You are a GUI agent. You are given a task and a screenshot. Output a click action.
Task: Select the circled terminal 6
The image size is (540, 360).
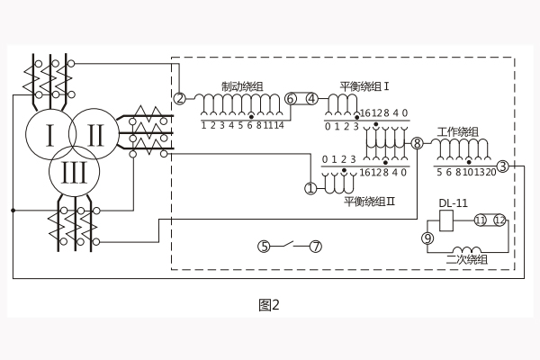click(291, 98)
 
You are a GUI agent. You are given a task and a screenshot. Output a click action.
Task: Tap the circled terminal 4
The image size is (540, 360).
click(311, 98)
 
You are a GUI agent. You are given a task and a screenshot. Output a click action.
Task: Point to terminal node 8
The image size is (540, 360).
click(417, 144)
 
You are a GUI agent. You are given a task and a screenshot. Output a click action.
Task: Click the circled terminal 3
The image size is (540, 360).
click(502, 166)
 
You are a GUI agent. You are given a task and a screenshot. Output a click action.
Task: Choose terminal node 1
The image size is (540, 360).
click(310, 189)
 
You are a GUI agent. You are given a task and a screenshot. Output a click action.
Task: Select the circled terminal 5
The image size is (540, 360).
click(264, 246)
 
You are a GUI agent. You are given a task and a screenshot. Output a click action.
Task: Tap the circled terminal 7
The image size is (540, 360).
click(315, 246)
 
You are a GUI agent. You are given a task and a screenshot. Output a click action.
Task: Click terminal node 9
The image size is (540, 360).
click(427, 238)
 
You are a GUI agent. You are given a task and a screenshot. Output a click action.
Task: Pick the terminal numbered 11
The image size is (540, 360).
click(481, 220)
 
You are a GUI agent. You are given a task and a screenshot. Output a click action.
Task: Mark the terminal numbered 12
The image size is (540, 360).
click(499, 220)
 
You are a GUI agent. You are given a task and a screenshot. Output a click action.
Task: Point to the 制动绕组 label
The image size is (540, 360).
click(242, 86)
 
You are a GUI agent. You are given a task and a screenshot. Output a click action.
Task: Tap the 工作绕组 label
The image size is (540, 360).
click(458, 132)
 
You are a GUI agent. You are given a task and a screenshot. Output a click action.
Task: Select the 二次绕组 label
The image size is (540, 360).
click(466, 260)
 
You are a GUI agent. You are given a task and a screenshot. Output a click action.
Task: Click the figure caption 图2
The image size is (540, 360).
click(269, 304)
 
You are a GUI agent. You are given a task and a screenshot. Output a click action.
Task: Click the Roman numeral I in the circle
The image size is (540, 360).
click(50, 137)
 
